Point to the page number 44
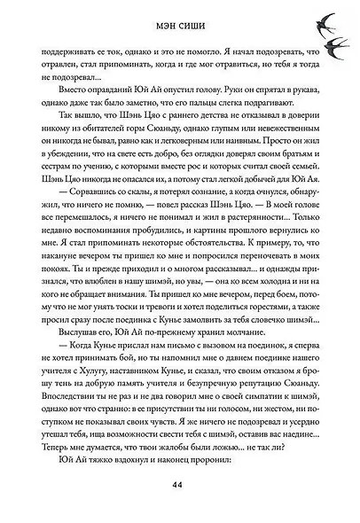[x=179, y=483]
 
